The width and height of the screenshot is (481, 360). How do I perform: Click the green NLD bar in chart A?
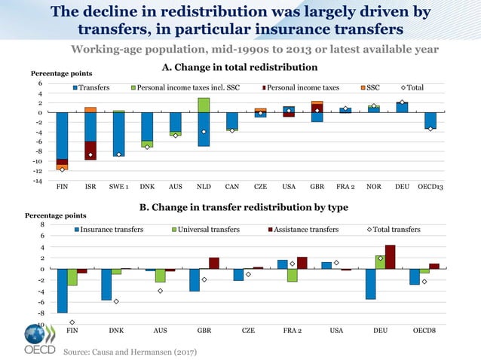point(204,105)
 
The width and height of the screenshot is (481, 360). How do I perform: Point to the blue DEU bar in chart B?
point(371,284)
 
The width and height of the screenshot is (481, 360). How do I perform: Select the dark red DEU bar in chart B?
point(390,257)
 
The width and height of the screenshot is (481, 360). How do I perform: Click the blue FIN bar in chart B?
point(63,291)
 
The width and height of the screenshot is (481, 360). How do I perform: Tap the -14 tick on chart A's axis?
point(36,181)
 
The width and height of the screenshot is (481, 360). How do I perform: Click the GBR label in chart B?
point(204,330)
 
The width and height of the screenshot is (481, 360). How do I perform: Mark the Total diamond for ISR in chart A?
point(90,155)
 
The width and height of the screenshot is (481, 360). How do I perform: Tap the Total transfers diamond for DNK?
point(115,301)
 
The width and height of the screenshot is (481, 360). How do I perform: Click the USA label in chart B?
point(336,330)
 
